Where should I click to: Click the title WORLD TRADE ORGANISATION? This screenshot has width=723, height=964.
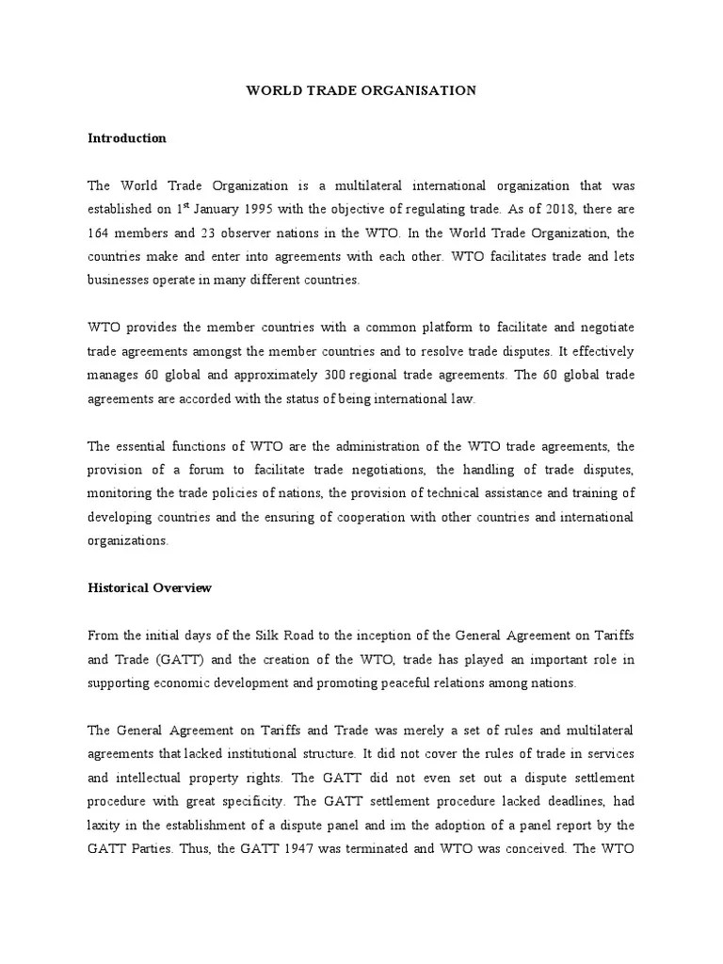coord(361,90)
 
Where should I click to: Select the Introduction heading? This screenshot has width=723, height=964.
coord(127,138)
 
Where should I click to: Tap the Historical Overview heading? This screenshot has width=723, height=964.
coord(150,588)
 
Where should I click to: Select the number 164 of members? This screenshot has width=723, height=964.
coord(100,233)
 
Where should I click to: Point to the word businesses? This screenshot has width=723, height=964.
coord(120,281)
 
